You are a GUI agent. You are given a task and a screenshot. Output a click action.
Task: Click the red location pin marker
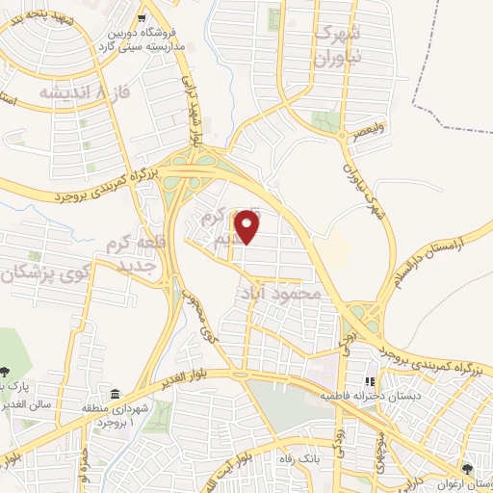tap(248, 227)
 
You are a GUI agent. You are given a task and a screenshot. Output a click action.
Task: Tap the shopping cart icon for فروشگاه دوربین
tap(142, 16)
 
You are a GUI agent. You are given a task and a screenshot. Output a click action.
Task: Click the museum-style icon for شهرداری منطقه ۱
tap(116, 395)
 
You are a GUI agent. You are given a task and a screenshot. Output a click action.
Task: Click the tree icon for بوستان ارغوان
tap(468, 467)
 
